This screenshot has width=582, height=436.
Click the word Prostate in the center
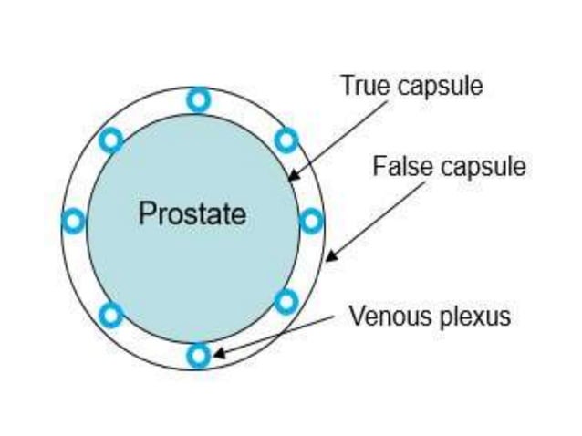(x=192, y=214)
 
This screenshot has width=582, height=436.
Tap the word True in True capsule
(x=361, y=86)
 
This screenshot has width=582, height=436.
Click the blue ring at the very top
(x=198, y=99)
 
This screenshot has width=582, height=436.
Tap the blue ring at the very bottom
(x=198, y=355)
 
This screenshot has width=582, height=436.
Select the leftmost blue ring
(x=73, y=221)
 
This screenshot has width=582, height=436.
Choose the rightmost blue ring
(x=311, y=221)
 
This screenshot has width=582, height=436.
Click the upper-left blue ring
(x=110, y=140)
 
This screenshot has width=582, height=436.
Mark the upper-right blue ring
(x=286, y=140)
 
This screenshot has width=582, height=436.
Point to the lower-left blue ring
(x=110, y=315)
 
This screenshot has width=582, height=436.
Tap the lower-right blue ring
(x=286, y=301)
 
